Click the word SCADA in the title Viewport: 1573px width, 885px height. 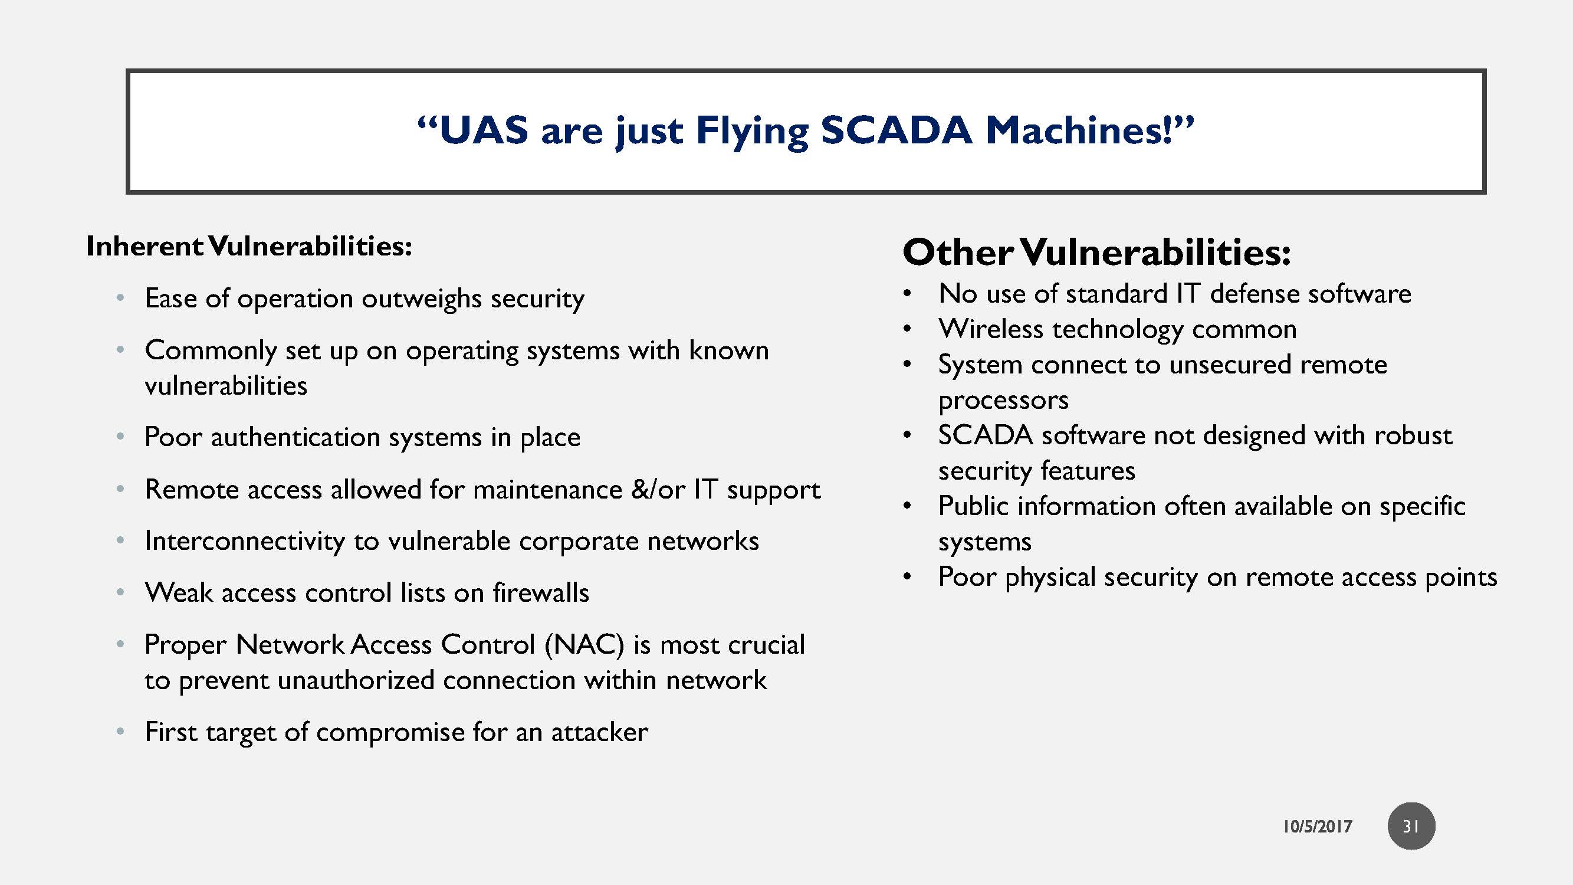point(895,131)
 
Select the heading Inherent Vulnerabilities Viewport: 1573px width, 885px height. point(249,246)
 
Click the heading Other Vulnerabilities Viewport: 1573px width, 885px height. point(1096,253)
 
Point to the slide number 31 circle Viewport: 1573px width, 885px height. point(1411,826)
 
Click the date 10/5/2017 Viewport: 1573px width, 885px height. point(1317,827)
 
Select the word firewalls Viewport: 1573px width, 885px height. point(540,592)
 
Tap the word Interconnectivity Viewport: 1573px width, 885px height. point(244,541)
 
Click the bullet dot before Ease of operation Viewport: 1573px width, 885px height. point(121,299)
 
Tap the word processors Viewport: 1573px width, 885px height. point(1003,401)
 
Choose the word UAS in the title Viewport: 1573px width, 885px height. point(483,131)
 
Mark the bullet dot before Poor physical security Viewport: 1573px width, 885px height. point(907,577)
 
